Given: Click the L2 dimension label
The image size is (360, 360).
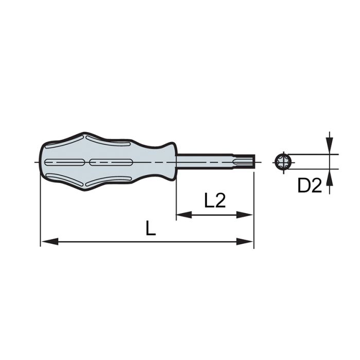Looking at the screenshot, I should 215,201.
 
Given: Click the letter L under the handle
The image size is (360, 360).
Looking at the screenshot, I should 150,228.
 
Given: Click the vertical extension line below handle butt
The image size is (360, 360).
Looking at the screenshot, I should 40,216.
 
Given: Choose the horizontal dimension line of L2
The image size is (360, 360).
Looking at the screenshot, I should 215,214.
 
